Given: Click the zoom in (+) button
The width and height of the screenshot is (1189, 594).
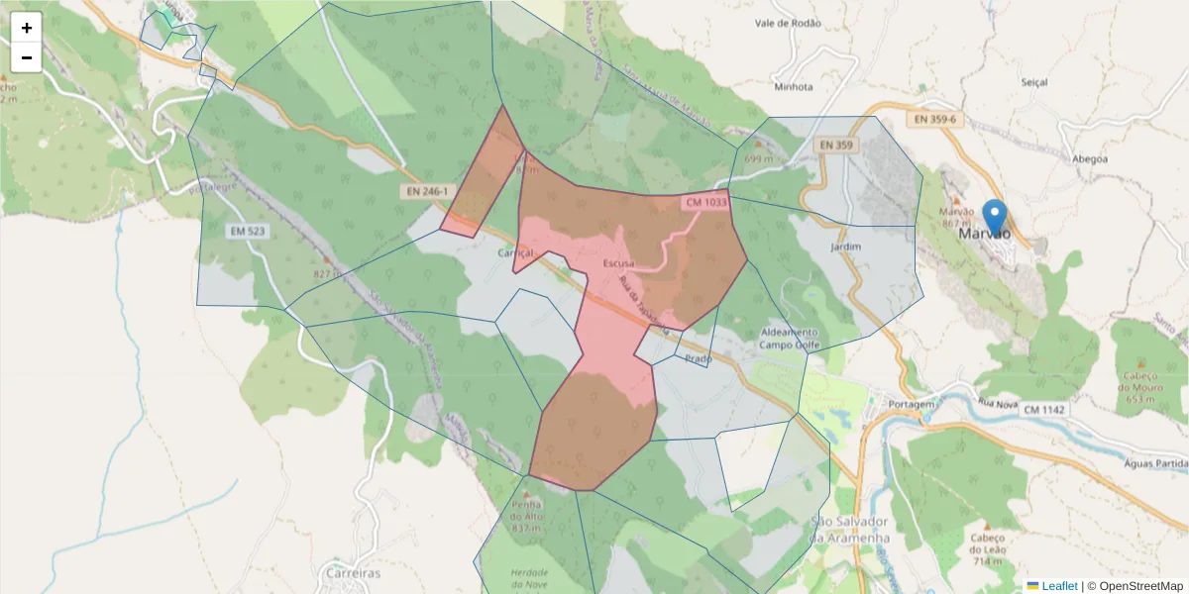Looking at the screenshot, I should point(27,28).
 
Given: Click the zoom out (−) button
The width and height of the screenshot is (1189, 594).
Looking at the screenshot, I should point(27,57).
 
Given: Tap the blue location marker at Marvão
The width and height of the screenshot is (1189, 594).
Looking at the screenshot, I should point(994,217).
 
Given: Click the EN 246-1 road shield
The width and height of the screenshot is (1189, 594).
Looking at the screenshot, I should point(427,191).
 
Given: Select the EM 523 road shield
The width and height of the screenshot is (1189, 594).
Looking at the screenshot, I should point(248,231).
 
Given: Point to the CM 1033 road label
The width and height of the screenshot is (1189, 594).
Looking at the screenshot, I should point(705,202).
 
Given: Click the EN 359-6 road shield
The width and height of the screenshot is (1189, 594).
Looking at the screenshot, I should point(935,119).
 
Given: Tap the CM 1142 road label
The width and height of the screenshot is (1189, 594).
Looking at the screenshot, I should point(1044,410).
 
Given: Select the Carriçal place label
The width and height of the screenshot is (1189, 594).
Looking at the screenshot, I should point(515,252).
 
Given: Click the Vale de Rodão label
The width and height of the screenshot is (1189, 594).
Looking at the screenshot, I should point(788,23).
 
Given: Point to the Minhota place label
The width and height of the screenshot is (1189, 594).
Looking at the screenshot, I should point(794,86).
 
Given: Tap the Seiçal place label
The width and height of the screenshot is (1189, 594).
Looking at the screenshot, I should point(1032,82).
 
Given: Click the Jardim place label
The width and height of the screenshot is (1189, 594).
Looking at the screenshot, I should point(846,246).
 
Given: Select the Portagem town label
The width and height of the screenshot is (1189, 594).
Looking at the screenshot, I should point(913,404).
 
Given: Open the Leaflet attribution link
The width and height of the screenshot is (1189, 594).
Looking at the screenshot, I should point(1058,586).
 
